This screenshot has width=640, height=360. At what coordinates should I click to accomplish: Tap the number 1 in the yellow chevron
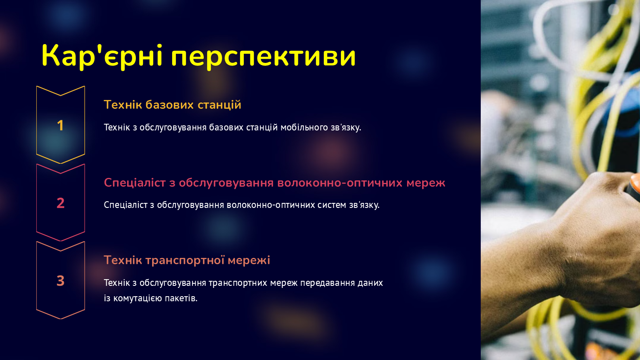pos(60,125)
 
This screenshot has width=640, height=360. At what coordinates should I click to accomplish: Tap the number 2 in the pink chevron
pos(60,203)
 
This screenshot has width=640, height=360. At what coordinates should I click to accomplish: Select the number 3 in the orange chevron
pos(60,281)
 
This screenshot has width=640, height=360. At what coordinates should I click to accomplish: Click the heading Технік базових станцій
pos(172,105)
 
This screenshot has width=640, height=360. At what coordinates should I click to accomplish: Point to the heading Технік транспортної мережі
pos(187,260)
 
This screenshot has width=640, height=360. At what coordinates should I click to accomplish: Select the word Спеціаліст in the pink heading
pos(135,183)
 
